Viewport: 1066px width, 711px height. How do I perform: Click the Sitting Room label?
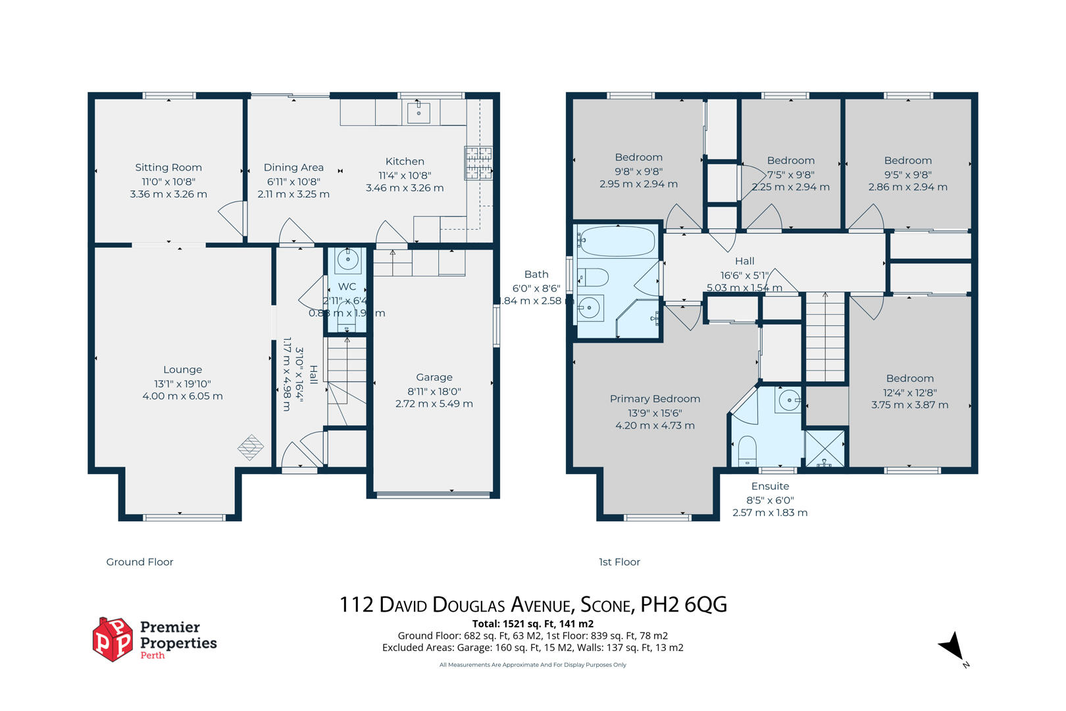point(168,167)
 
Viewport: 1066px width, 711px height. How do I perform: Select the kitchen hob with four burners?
point(478,163)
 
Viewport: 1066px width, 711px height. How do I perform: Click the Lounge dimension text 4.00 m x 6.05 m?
point(182,396)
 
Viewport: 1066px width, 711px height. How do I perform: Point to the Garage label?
point(434,377)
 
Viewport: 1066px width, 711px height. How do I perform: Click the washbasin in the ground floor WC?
point(347,259)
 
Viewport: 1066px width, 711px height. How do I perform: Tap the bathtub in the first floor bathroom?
point(618,242)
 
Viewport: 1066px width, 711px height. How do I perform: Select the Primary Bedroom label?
point(654,399)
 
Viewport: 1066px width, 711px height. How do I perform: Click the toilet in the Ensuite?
point(747,451)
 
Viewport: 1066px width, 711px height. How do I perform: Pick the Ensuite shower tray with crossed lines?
point(825,448)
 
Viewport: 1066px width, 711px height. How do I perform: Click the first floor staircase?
point(825,336)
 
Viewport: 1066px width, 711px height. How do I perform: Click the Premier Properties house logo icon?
point(113,639)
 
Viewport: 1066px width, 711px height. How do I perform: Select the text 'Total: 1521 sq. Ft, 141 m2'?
point(532,623)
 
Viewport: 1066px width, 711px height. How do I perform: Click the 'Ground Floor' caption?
point(140,562)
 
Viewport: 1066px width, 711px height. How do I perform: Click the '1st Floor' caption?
point(619,562)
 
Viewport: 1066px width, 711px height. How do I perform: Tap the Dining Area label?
point(293,167)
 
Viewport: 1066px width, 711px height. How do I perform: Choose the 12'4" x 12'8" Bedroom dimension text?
point(909,392)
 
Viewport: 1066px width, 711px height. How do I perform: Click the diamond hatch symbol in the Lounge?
point(251,448)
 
